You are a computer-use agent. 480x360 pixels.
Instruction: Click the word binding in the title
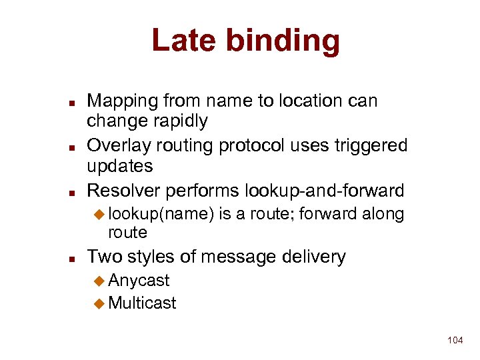click(x=283, y=41)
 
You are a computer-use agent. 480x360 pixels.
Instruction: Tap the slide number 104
click(x=455, y=341)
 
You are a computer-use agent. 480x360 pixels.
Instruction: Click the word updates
click(x=120, y=166)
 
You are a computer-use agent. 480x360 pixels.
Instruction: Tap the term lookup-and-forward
click(x=325, y=191)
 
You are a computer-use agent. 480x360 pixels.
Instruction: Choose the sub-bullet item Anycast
click(x=139, y=281)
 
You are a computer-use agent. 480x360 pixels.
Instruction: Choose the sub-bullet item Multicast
click(x=142, y=303)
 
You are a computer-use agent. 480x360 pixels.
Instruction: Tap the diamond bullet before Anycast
click(x=99, y=281)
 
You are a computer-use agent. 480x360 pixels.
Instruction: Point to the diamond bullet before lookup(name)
click(x=99, y=215)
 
